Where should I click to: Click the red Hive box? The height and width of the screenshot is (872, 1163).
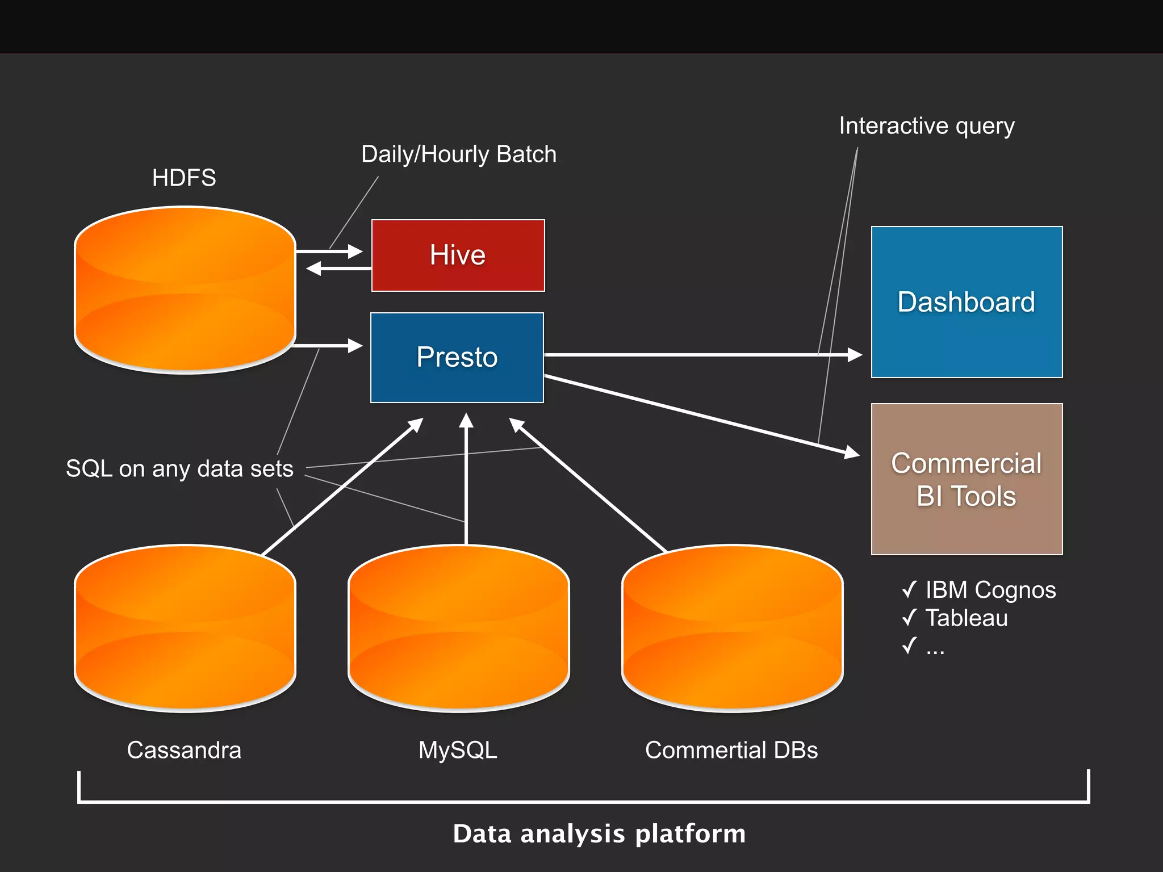point(458,255)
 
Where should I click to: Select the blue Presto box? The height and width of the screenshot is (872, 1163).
point(457,357)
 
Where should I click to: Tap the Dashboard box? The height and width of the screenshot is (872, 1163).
point(967,301)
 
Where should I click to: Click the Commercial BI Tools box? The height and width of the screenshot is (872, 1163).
point(967,479)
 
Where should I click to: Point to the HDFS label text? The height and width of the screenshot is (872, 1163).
point(184,178)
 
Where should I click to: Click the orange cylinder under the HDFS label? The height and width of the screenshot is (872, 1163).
point(185,290)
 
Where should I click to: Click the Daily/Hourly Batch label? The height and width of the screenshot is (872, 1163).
point(459,154)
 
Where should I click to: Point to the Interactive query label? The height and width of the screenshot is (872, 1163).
point(927,126)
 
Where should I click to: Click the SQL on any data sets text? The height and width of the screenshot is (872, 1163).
point(179,469)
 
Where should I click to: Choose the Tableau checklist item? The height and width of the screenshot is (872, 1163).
point(966,618)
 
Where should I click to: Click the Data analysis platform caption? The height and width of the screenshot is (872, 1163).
point(599,834)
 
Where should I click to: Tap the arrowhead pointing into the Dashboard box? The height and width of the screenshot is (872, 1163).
point(855,355)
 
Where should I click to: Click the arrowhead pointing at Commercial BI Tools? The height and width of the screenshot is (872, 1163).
point(852,452)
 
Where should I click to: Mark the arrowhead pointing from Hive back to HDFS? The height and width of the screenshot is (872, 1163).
point(313,269)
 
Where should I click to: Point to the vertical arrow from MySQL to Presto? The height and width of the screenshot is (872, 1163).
point(466,483)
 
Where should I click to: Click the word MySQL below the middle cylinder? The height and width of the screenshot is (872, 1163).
point(458,751)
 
